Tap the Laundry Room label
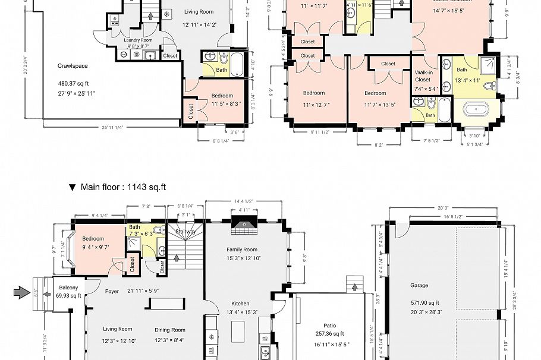coord(138,40)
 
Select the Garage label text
coord(419,285)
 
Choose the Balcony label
coord(67,288)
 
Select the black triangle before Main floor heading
coord(73,187)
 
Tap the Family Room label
coord(242,250)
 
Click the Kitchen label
coord(240,304)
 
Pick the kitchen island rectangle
coord(238,329)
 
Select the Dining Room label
coord(170,330)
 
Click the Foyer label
coord(112,291)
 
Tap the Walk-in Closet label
coord(423,75)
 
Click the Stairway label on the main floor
coord(185,232)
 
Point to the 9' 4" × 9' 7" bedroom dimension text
coord(93,247)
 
